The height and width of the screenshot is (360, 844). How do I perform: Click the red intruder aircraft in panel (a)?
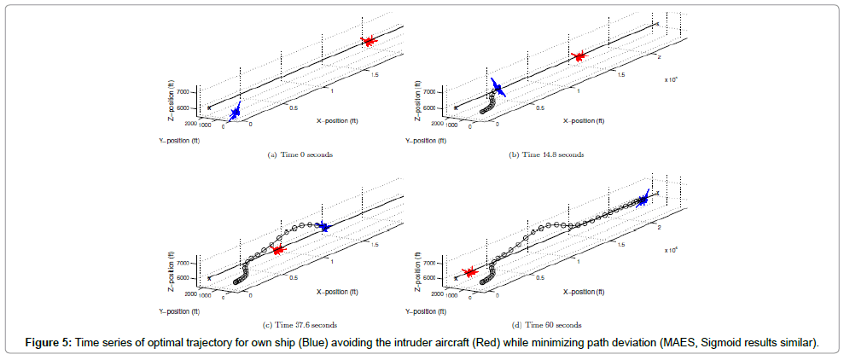(369, 41)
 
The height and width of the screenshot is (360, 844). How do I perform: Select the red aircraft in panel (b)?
(579, 56)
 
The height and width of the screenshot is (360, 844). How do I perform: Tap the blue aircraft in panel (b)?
(498, 88)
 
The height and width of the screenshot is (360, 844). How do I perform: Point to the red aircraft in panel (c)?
(277, 249)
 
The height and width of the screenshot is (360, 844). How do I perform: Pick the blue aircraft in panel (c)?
(323, 226)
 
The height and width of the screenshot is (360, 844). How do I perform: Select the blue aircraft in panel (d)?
(643, 200)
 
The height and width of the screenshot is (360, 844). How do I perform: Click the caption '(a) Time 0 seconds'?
(300, 154)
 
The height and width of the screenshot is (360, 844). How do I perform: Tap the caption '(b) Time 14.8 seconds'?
(546, 154)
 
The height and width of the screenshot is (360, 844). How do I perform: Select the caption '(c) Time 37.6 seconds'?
(300, 325)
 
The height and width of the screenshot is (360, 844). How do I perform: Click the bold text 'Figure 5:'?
(51, 343)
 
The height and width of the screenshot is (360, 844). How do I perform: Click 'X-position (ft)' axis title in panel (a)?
(337, 120)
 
